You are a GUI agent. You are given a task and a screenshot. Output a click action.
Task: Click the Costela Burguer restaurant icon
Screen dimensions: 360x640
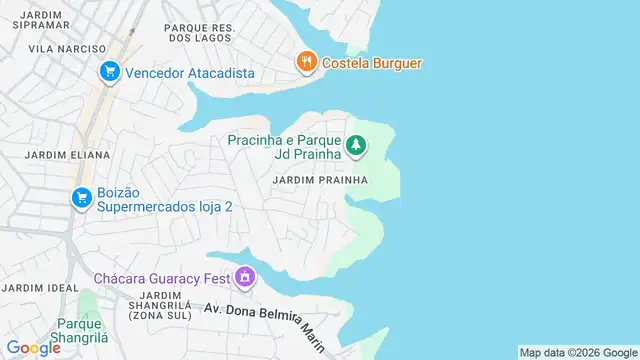pyautogui.click(x=307, y=63)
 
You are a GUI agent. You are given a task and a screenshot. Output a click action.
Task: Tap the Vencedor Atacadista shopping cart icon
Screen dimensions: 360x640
pyautogui.click(x=109, y=72)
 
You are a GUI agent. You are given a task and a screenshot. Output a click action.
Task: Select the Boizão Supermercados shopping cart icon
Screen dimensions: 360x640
pyautogui.click(x=81, y=198)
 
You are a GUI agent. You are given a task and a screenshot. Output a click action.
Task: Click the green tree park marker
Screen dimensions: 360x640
pyautogui.click(x=355, y=147)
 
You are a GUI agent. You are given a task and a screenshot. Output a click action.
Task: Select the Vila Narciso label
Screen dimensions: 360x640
pyautogui.click(x=67, y=48)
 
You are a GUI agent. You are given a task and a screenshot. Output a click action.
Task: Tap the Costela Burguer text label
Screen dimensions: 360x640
pyautogui.click(x=372, y=63)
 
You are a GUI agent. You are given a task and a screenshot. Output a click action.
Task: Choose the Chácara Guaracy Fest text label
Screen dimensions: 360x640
pyautogui.click(x=161, y=277)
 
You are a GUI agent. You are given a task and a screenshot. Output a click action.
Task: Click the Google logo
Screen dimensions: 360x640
pyautogui.click(x=34, y=348)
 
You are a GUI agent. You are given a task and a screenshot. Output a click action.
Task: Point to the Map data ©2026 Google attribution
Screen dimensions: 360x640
pyautogui.click(x=578, y=352)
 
